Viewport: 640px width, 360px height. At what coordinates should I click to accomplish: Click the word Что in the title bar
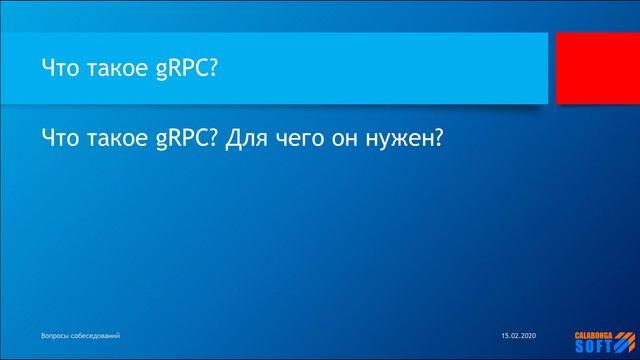pos(61,69)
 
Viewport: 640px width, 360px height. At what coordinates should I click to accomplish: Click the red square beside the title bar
pos(597,68)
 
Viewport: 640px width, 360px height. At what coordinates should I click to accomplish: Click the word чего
pos(301,140)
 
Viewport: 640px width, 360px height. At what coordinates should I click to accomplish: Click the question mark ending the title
pos(212,69)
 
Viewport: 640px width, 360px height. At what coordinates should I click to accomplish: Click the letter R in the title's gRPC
pos(177,69)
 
